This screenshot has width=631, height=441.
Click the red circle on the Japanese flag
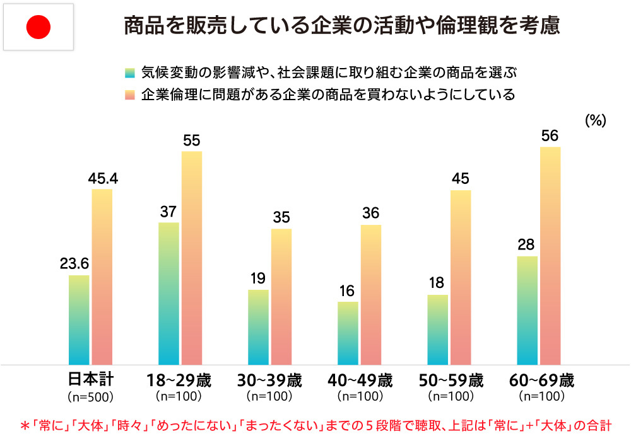point(38,26)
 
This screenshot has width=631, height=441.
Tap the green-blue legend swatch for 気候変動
point(131,71)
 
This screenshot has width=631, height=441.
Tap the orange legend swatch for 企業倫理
point(131,95)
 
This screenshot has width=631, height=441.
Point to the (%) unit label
point(594,120)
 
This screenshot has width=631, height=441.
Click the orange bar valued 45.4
point(102,277)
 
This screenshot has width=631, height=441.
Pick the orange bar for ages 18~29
point(192,258)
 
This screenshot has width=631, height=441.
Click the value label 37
point(168,211)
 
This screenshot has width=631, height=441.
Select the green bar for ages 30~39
point(258,328)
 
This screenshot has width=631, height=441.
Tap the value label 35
point(281,217)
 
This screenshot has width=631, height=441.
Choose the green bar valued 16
point(348,333)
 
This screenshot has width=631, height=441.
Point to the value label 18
point(437,283)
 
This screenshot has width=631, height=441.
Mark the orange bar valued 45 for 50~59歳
point(461,277)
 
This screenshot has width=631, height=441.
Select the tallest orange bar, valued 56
point(550,256)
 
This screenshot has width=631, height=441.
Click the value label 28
point(526,244)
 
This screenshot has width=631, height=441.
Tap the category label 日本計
point(90,381)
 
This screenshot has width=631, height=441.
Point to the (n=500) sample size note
point(90,398)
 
